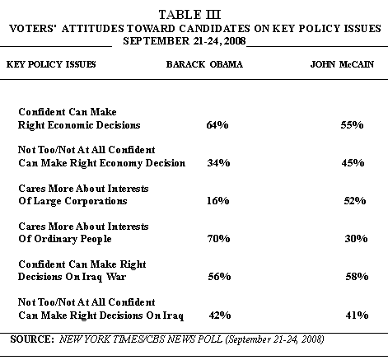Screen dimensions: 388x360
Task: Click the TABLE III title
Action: coord(189,15)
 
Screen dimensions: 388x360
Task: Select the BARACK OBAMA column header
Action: coord(204,64)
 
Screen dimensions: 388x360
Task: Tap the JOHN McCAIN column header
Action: coord(342,64)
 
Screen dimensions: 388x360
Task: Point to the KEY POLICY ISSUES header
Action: coord(51,64)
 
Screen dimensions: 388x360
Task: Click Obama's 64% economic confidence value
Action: coord(217,125)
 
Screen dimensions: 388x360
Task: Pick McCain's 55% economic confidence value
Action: coord(352,125)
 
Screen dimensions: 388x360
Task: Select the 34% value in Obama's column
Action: coord(218,163)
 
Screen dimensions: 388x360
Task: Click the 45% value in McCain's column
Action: coord(353,163)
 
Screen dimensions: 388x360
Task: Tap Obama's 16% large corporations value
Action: coord(218,201)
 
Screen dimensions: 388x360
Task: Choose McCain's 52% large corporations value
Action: coord(355,201)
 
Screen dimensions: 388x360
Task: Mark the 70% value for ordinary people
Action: coord(218,238)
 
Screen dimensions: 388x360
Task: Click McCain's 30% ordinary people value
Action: coord(356,238)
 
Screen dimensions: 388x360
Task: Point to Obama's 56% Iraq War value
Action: coord(219,276)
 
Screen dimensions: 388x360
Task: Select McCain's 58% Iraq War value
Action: coord(357,276)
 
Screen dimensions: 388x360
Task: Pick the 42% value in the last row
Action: coord(220,315)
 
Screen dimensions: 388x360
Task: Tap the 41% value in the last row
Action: coord(357,315)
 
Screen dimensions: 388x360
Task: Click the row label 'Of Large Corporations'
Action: coord(72,201)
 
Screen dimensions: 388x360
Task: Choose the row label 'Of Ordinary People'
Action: coord(65,239)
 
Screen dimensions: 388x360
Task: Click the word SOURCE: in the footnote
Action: coord(32,339)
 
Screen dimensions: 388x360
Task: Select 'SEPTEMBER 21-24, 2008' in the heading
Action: coord(185,41)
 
